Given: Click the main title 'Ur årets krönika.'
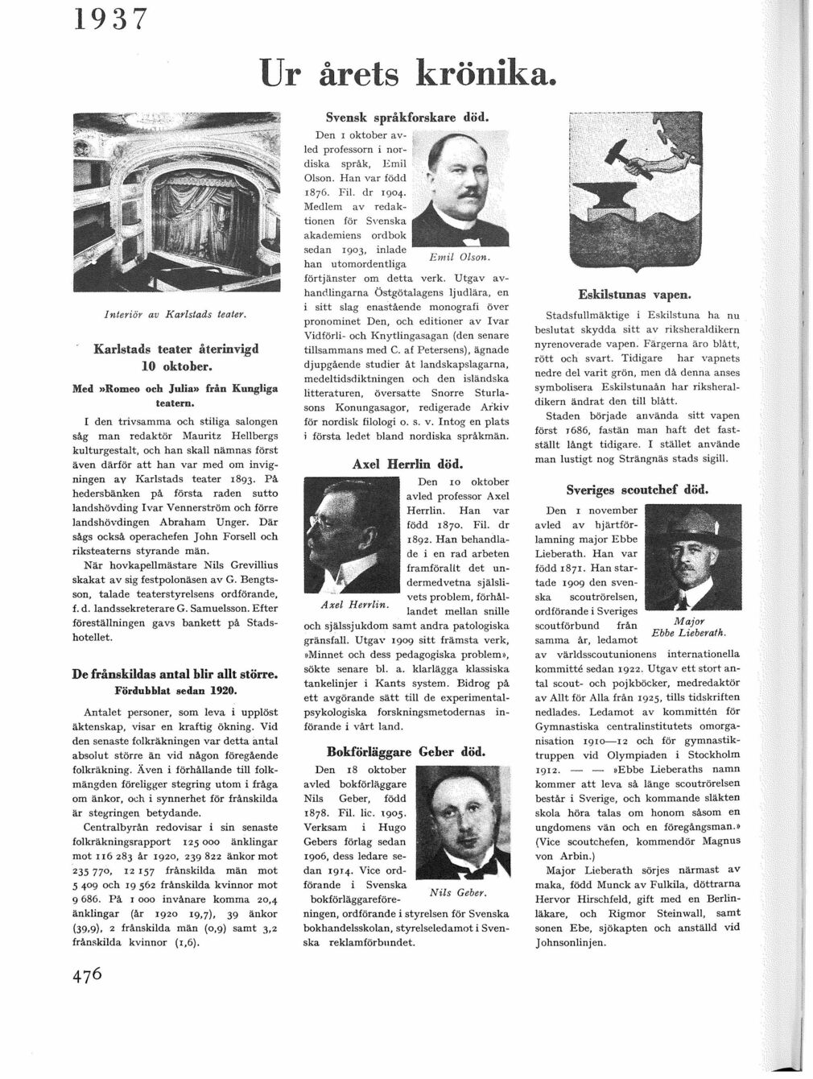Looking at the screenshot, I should pos(408,76).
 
